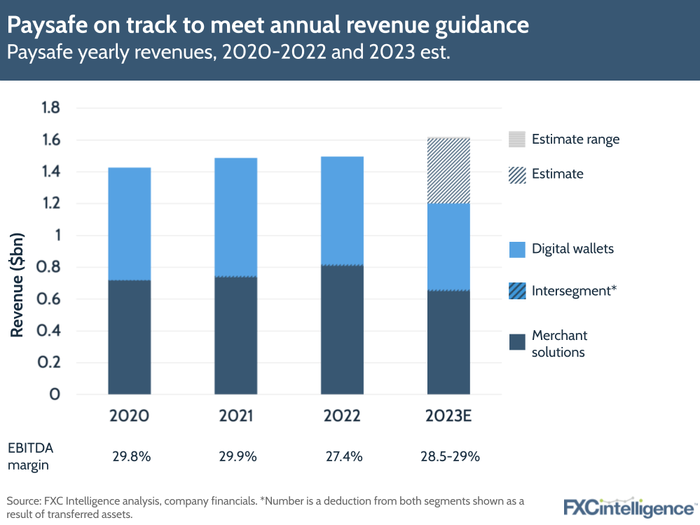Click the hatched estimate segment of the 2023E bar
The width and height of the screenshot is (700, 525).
click(x=448, y=171)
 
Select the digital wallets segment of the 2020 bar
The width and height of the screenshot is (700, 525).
click(x=129, y=224)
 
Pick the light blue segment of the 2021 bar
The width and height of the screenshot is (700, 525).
click(x=235, y=217)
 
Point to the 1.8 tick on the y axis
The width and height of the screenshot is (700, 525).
click(x=51, y=108)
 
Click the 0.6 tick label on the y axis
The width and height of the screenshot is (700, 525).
click(x=50, y=299)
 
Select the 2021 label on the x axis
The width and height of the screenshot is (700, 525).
click(x=235, y=416)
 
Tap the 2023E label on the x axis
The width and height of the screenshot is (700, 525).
click(x=448, y=416)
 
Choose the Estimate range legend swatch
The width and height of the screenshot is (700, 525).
click(x=517, y=139)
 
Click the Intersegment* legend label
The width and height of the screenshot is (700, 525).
click(x=574, y=289)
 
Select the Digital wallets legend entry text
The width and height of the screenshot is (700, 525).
click(x=572, y=249)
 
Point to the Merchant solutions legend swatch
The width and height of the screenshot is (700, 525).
click(x=517, y=342)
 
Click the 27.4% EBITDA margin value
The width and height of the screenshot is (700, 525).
click(x=342, y=456)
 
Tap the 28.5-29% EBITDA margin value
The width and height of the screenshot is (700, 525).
click(x=448, y=456)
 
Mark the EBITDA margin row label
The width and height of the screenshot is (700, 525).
click(x=31, y=456)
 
